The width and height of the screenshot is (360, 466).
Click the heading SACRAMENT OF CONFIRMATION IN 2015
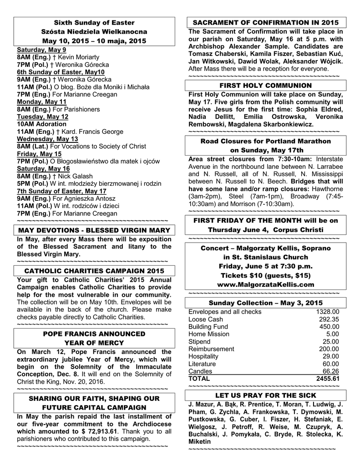point(266,22)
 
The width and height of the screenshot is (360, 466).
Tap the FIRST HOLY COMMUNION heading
point(266,86)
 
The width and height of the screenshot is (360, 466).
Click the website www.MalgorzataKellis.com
point(266,284)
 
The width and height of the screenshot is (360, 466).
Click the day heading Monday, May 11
point(41,102)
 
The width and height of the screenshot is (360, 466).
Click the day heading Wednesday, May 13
point(47,139)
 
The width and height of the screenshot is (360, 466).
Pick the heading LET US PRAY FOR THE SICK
point(266,395)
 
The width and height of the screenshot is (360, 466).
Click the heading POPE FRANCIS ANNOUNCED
point(94,334)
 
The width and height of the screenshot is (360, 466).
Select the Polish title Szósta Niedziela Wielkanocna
point(94,32)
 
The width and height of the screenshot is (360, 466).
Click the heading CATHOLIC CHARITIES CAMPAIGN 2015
point(94,271)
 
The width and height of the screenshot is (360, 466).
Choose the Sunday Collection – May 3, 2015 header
point(266,303)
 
